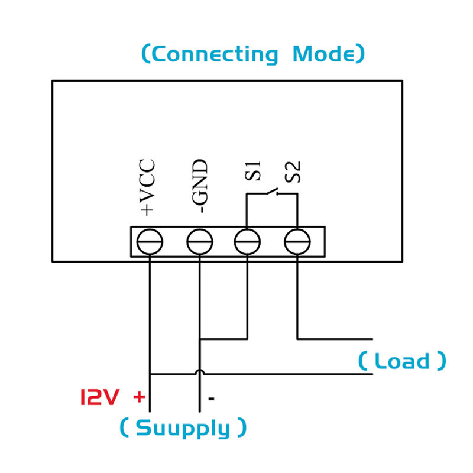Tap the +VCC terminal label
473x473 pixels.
(147, 186)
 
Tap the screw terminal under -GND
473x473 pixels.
(199, 241)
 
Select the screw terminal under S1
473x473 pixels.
(247, 241)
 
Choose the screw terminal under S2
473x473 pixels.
(297, 241)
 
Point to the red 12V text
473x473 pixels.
(99, 397)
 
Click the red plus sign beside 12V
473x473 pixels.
(139, 397)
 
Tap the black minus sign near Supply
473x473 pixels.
(210, 398)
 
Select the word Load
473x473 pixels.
(402, 361)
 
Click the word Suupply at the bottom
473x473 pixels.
(183, 429)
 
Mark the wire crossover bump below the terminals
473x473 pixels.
(200, 372)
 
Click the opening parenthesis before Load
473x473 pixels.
(362, 361)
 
